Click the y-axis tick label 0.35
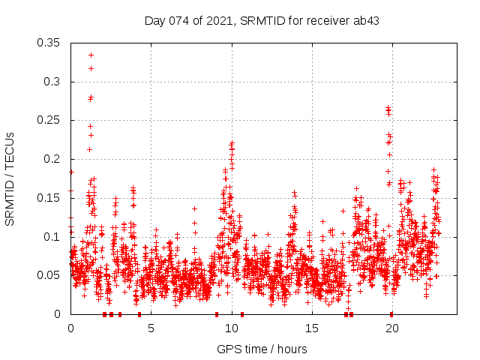coord(49,43)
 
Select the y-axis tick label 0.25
coord(49,120)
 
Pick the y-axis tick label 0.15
coord(49,198)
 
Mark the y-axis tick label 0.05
coord(49,275)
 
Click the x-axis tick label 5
coord(151,328)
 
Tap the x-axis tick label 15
coord(311,328)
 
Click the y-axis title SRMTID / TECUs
coord(10,178)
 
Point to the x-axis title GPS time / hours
coord(262,349)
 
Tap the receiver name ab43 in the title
coord(367,20)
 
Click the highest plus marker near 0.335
coord(91,55)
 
